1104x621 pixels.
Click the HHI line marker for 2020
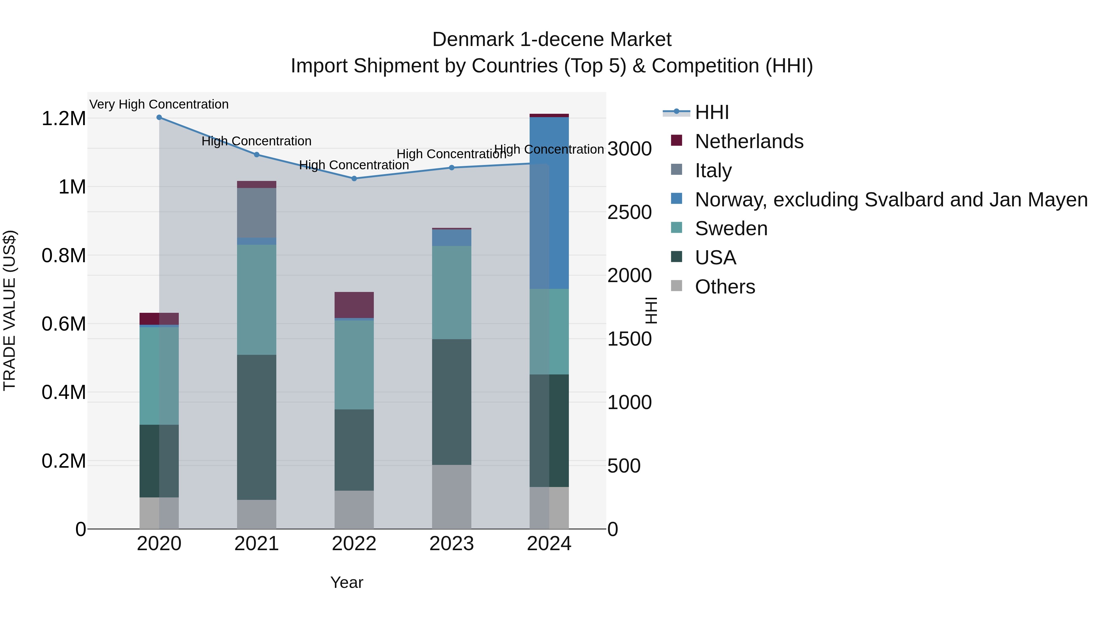(159, 117)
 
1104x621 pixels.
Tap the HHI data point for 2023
(451, 167)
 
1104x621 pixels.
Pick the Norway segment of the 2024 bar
(549, 203)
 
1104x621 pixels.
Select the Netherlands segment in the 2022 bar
(354, 305)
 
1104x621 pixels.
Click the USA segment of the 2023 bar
(451, 402)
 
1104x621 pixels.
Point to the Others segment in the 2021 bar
(256, 514)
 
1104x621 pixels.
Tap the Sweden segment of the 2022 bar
(354, 365)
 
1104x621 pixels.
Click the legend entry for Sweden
(731, 228)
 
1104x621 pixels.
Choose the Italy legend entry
(713, 171)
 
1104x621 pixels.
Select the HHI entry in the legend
(711, 112)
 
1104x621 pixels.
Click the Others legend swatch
(676, 286)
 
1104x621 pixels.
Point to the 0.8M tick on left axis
(63, 255)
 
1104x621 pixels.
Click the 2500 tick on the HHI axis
(629, 212)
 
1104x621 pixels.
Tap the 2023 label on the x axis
(451, 544)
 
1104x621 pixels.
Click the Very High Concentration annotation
(159, 104)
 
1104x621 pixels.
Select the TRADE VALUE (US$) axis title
(10, 310)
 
